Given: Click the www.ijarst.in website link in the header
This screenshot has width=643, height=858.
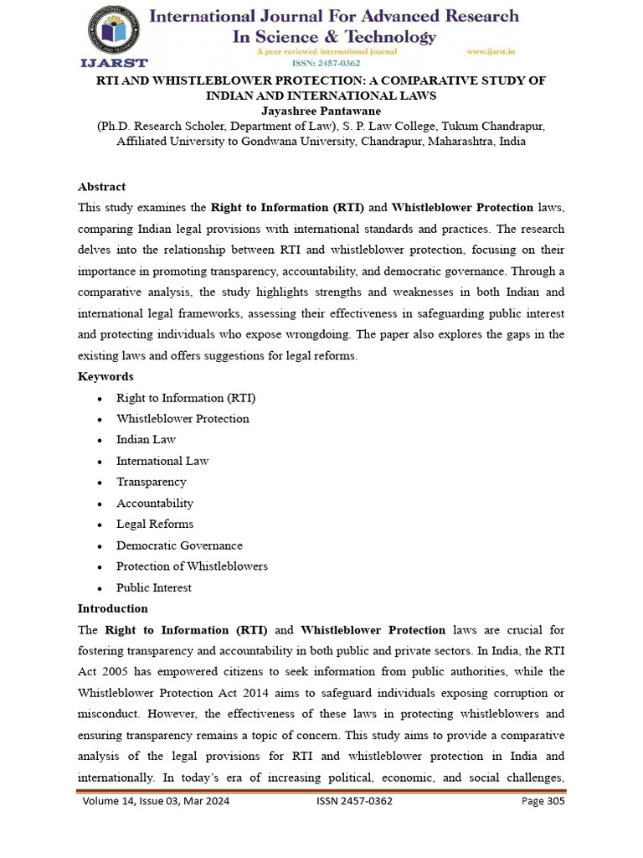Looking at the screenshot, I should pyautogui.click(x=490, y=51).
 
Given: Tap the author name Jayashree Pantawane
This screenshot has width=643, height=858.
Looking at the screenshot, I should pyautogui.click(x=321, y=110).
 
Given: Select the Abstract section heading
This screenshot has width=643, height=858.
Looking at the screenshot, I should pyautogui.click(x=101, y=187).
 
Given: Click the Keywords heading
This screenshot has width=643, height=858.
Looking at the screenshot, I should pyautogui.click(x=105, y=376).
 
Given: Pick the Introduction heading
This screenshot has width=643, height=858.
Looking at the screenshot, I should pyautogui.click(x=112, y=608).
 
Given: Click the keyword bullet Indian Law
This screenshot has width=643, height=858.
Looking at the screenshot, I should pyautogui.click(x=146, y=440).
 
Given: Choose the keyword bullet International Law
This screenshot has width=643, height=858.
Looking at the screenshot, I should pyautogui.click(x=162, y=461).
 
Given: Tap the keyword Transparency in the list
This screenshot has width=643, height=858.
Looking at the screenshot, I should pyautogui.click(x=152, y=482).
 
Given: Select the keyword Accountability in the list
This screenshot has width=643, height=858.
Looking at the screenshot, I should pyautogui.click(x=155, y=503).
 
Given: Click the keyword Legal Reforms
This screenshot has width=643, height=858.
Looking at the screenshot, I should pyautogui.click(x=155, y=524).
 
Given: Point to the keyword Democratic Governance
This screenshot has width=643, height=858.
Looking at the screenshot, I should pyautogui.click(x=179, y=545).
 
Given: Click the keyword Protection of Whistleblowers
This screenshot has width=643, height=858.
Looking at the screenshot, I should pyautogui.click(x=192, y=566).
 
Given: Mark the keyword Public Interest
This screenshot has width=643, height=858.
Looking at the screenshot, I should pyautogui.click(x=154, y=587).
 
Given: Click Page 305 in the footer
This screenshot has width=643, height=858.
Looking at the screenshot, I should pyautogui.click(x=543, y=801).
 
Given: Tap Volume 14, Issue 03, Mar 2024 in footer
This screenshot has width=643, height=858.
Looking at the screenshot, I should pyautogui.click(x=156, y=801).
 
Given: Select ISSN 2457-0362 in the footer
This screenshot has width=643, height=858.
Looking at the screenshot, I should pyautogui.click(x=354, y=801).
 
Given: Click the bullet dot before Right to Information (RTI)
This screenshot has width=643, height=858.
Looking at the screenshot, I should pyautogui.click(x=100, y=399).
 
